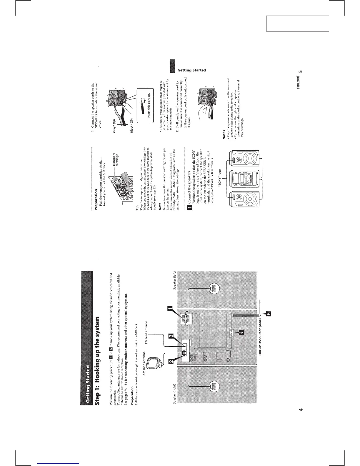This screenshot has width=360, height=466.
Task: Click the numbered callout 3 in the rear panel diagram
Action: pyautogui.click(x=170, y=336)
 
